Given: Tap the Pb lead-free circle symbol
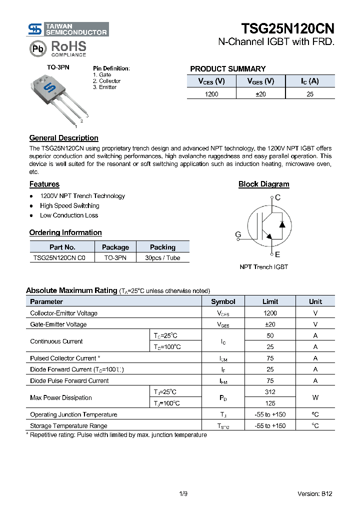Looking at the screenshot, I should [x=37, y=49].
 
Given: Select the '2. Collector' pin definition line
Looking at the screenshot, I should [x=106, y=81].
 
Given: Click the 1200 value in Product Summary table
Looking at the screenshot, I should [x=211, y=94].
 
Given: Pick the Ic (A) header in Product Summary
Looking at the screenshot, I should [x=309, y=81].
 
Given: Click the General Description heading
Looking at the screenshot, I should [x=63, y=138].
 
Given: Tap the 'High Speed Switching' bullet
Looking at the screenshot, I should [x=69, y=205].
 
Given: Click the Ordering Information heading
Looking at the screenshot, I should [x=65, y=232].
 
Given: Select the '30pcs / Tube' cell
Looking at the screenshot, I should [x=162, y=258].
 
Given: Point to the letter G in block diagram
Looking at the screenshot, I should [x=238, y=234].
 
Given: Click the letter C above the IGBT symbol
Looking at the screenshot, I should [x=278, y=197].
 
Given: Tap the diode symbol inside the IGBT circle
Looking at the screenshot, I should [x=282, y=223].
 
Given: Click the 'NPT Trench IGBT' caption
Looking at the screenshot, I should [x=263, y=267].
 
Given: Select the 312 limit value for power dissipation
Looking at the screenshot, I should [x=270, y=392].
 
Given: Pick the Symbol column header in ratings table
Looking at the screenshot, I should [x=223, y=301].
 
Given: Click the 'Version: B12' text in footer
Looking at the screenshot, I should [x=314, y=493].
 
